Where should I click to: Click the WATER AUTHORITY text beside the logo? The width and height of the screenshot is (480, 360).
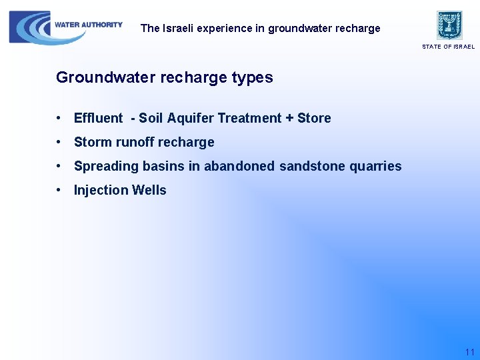89,25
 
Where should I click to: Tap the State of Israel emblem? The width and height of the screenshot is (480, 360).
449,25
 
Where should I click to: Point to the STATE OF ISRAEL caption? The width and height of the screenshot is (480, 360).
448,47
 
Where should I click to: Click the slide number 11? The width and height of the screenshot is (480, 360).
469,351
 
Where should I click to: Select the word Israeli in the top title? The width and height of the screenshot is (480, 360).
179,28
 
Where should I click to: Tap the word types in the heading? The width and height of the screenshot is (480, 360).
252,77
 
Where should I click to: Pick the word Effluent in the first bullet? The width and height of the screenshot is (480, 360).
98,118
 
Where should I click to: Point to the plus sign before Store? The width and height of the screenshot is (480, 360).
289,118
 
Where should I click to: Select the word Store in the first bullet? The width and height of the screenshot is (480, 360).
314,118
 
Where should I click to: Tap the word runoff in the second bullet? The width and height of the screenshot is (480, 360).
136,142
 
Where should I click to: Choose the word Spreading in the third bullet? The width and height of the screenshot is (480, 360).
104,166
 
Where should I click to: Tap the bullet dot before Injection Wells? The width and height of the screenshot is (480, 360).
60,190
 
